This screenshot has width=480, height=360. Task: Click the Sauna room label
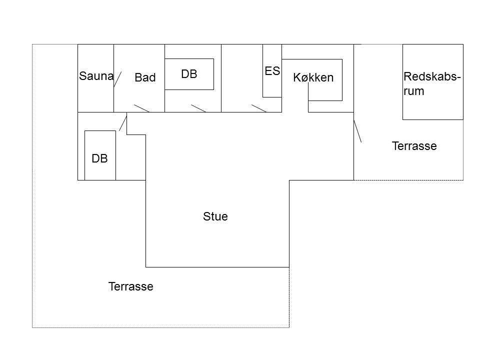tap(96, 76)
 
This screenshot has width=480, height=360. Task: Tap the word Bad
tap(145, 77)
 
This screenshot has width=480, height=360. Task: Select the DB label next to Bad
tap(189, 74)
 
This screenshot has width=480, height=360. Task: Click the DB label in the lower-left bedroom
tap(99, 158)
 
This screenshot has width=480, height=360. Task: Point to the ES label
tap(272, 71)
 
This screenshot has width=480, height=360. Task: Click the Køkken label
tap(313, 77)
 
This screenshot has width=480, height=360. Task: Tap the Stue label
tap(215, 216)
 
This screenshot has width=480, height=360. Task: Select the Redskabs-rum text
tap(432, 83)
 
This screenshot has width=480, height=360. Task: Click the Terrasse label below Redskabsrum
tap(414, 146)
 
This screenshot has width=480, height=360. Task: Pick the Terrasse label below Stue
tap(130, 286)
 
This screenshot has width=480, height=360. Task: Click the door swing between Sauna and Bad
tap(117, 79)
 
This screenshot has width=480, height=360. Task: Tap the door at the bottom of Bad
tap(141, 108)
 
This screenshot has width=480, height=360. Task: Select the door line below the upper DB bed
tap(198, 108)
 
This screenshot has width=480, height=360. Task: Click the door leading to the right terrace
tap(357, 131)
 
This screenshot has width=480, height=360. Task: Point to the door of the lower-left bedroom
tap(123, 122)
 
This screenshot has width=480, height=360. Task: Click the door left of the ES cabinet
tap(259, 108)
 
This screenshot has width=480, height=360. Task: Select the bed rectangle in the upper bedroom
tap(189, 59)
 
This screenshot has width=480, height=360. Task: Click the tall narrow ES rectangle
tap(263, 71)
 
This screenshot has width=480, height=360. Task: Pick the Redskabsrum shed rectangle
tap(403, 82)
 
